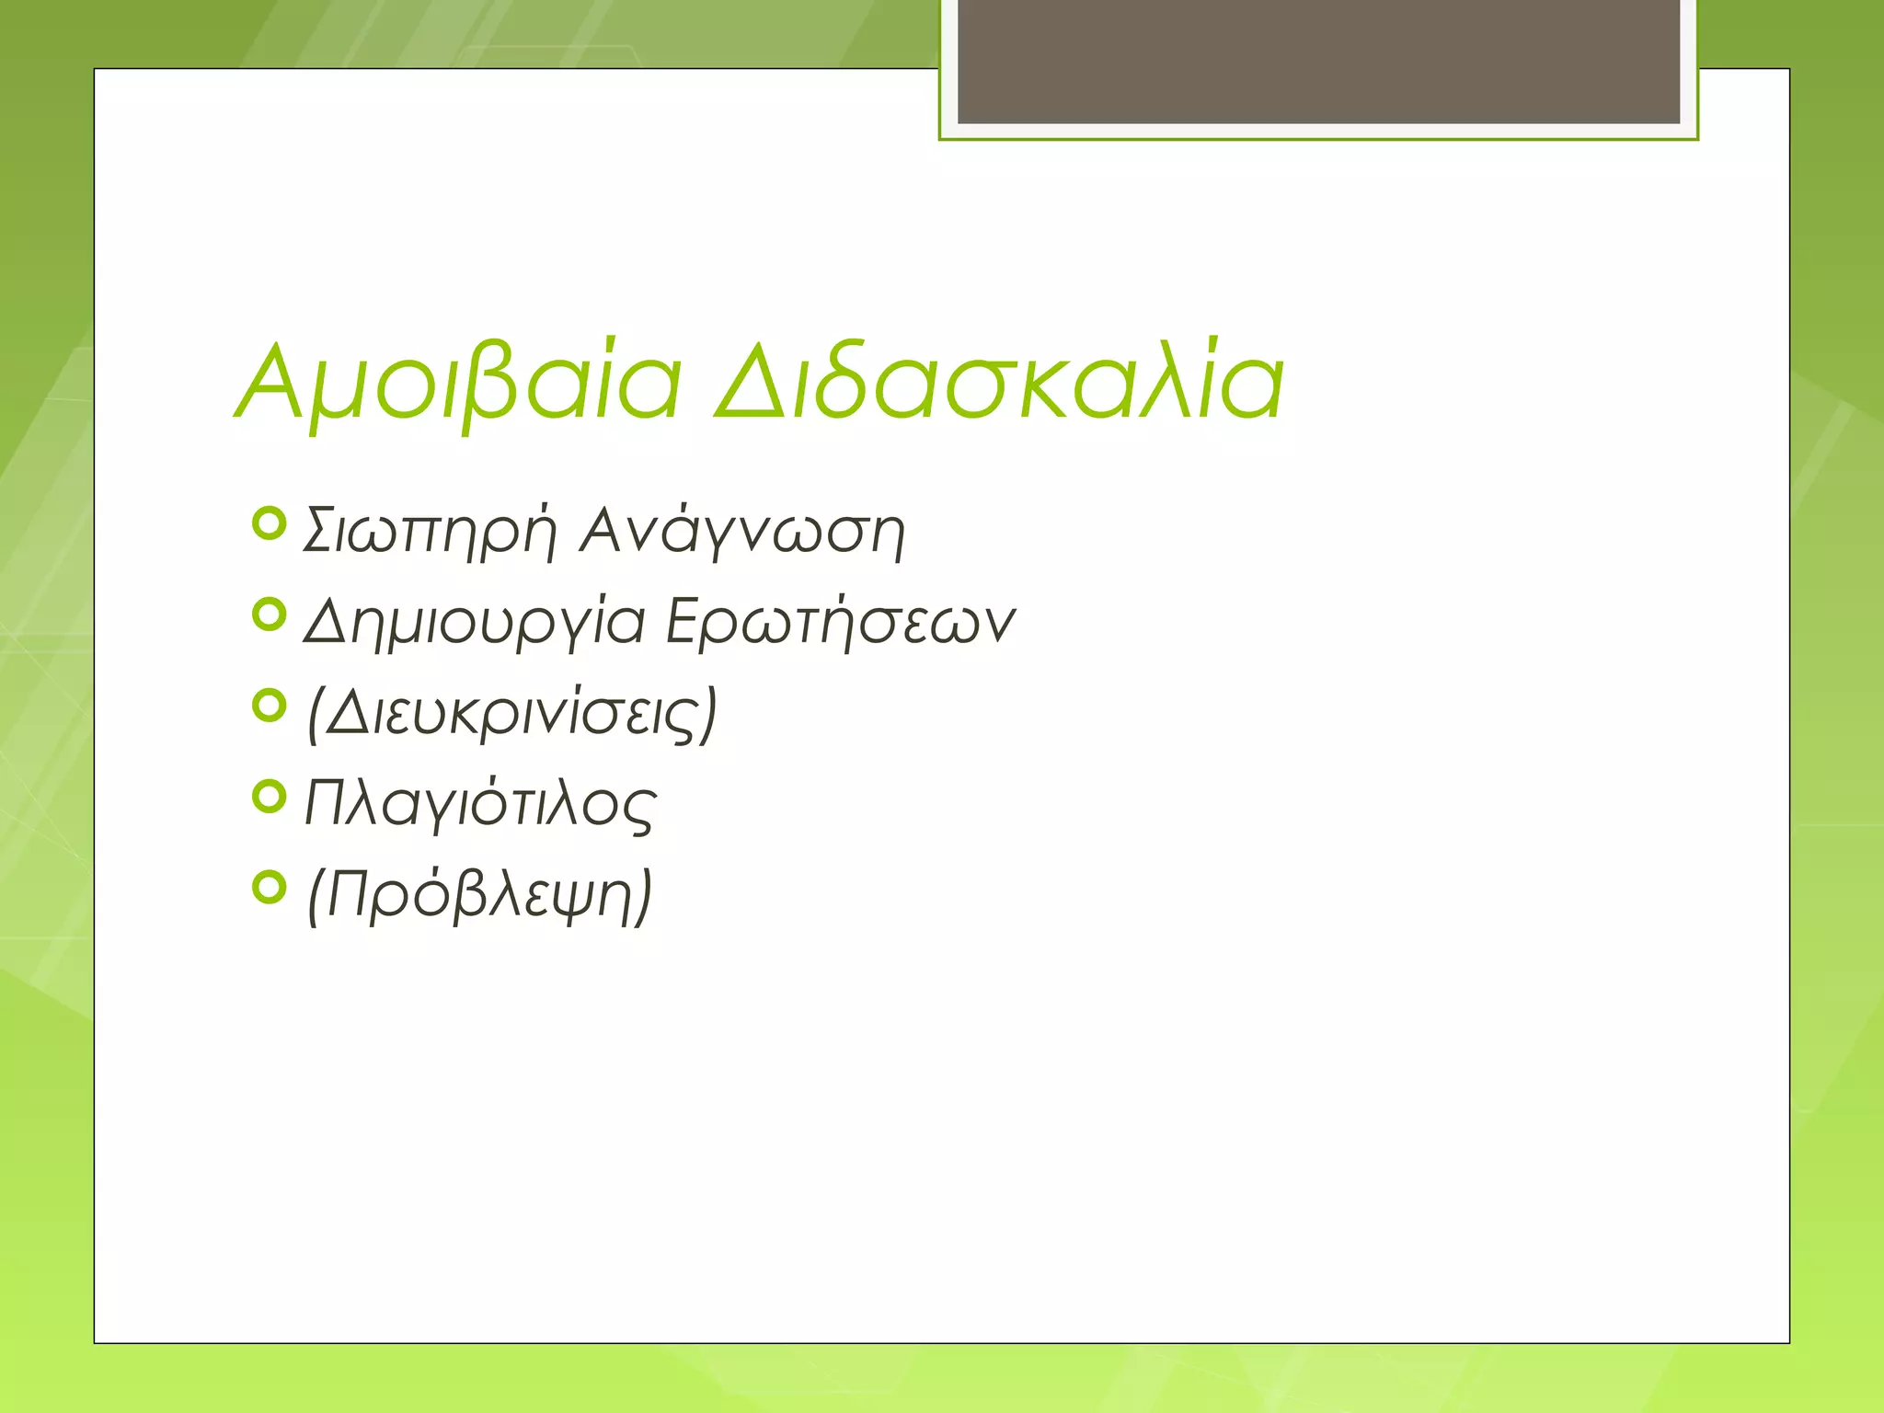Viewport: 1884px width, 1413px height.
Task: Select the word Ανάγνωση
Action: (x=741, y=532)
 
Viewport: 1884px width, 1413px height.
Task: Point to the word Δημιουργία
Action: (x=475, y=623)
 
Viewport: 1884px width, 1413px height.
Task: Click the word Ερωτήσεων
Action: (x=840, y=622)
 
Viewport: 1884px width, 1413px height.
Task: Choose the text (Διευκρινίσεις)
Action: (x=511, y=714)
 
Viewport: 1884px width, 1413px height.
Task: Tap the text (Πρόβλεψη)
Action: (x=479, y=895)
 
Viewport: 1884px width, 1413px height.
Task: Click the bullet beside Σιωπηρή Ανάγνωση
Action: (x=269, y=523)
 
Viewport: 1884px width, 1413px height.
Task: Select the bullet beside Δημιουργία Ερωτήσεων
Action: (x=269, y=615)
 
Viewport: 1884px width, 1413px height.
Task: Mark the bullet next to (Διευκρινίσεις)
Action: (x=269, y=706)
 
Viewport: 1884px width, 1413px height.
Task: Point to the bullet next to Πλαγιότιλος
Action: (x=269, y=797)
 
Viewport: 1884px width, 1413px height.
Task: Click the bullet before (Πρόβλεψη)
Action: (x=269, y=888)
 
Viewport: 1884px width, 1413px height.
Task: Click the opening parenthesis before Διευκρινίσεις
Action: (x=315, y=715)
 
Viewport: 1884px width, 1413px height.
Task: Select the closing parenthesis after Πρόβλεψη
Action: (x=643, y=897)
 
